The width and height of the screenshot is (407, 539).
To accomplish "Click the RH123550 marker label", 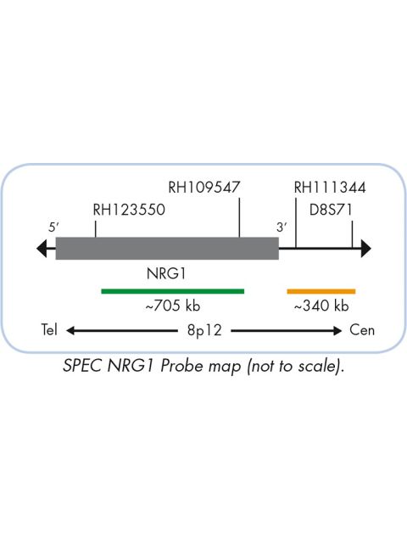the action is tap(129, 210).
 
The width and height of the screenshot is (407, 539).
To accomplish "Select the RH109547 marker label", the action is tap(203, 188).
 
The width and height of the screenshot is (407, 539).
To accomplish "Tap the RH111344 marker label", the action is tap(330, 188).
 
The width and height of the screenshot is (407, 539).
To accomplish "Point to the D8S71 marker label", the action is tap(331, 210).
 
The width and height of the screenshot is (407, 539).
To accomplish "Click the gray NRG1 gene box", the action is tap(167, 248).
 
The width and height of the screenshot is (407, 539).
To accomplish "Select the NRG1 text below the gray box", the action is tap(166, 273).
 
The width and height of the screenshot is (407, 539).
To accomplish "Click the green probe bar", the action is tap(173, 291).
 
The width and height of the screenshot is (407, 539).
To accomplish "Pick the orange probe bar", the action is tap(321, 291).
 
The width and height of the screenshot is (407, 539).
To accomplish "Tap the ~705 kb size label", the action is tap(173, 306).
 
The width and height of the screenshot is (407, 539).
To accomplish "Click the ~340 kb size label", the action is tap(321, 306).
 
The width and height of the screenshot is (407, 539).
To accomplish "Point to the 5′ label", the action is tap(53, 227).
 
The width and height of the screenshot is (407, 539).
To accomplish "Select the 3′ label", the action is tap(282, 227).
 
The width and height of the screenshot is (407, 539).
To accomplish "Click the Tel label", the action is tap(49, 329).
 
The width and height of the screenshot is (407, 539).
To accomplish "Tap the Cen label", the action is tap(362, 329).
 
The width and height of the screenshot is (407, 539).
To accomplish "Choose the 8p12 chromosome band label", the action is tap(204, 330).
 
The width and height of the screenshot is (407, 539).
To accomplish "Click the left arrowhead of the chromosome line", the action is tap(42, 248).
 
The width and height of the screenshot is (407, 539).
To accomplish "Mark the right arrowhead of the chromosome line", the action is tap(366, 248).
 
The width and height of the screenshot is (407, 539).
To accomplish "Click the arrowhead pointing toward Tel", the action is tap(70, 331).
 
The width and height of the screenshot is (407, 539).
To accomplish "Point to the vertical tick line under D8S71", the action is tap(353, 234).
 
